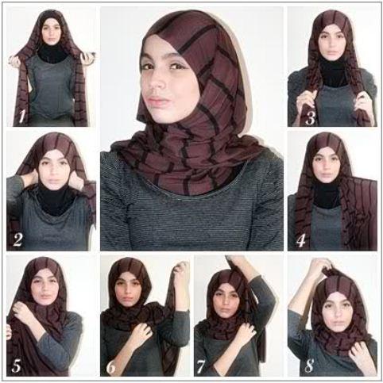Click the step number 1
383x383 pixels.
pos(22,117)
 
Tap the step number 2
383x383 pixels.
pos(17,240)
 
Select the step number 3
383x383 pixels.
pos(310,119)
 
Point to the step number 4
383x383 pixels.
pos(301,241)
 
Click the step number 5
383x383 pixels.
pos(17,366)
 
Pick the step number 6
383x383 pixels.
pos(111,367)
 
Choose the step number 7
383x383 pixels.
pos(201,367)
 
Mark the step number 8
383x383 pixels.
pos(309,366)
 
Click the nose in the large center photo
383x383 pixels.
pos(156,82)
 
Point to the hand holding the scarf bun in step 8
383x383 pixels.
pos(320,267)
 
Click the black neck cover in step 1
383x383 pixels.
pos(52,55)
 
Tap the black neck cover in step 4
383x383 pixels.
pos(327,192)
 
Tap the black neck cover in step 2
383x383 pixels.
pos(54,200)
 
